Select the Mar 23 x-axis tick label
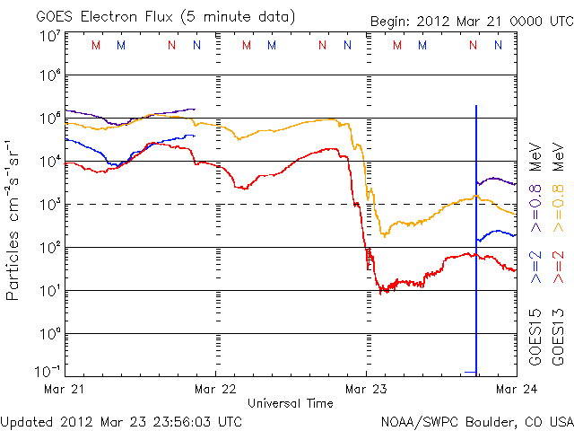[x=366, y=390]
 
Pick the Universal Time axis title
[x=291, y=403]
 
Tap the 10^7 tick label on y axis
[x=49, y=36]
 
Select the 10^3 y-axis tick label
[x=49, y=204]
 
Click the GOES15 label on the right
[x=535, y=337]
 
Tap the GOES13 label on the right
[x=557, y=337]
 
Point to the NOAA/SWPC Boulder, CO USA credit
[x=476, y=420]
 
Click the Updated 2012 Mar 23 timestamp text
[x=121, y=420]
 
